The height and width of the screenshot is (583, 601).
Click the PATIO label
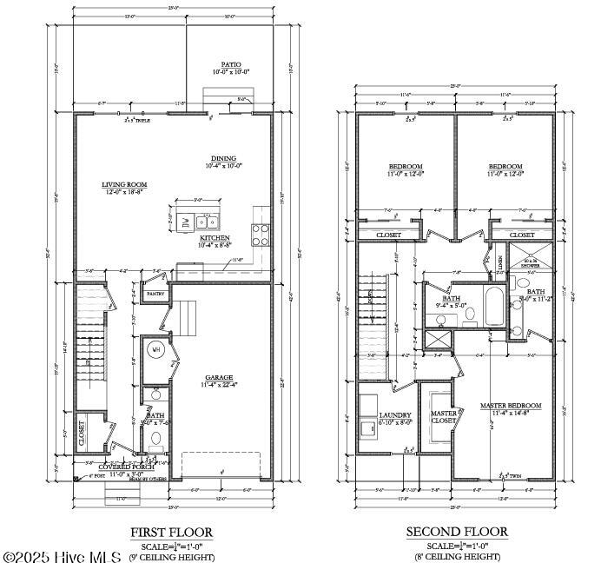point(230,64)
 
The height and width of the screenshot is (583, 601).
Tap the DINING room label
point(221,158)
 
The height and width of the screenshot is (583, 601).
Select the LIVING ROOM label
point(124,184)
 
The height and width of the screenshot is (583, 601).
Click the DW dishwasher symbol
point(185,222)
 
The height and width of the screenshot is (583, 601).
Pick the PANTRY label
point(155,294)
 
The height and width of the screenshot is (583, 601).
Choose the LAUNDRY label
point(394,414)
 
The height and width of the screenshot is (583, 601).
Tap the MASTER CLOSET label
point(445,418)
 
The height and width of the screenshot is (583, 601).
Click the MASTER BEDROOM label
point(511,406)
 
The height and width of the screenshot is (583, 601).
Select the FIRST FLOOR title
point(171,532)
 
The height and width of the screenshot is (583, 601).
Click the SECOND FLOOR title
point(457,532)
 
